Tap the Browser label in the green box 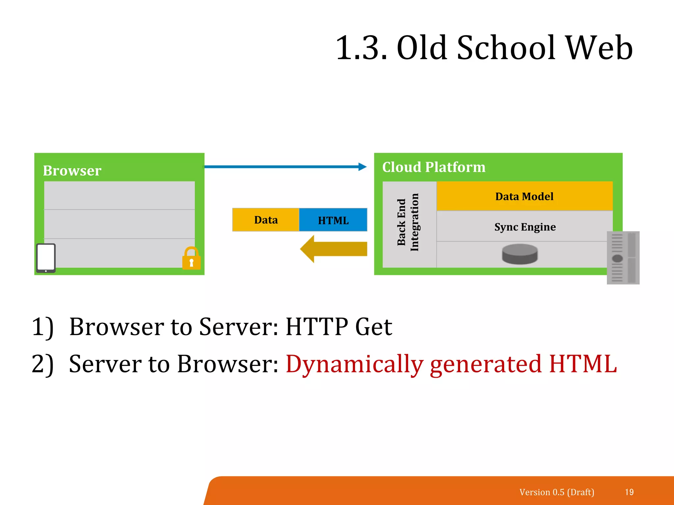[x=72, y=171]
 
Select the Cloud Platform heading [x=434, y=167]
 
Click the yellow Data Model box [x=524, y=196]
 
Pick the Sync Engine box [x=525, y=227]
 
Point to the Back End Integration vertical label [x=408, y=223]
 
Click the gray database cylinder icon [x=520, y=254]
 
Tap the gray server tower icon [x=623, y=257]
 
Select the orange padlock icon [x=191, y=259]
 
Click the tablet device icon [x=46, y=258]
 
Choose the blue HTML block [x=333, y=220]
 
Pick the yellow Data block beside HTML [x=266, y=220]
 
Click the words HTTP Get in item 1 [x=339, y=327]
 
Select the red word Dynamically [x=354, y=364]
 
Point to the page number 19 [x=629, y=492]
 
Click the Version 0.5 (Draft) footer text [x=557, y=492]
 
